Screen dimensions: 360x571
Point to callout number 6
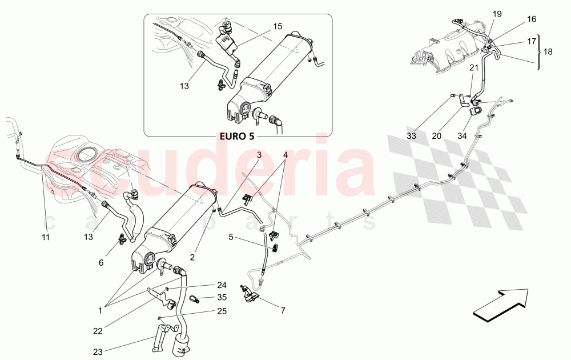[x=101, y=262]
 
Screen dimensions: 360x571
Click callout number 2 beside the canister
[x=192, y=258]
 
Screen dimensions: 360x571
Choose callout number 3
[x=259, y=155]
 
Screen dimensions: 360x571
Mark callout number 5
[x=231, y=236]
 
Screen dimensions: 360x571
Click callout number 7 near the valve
[x=282, y=311]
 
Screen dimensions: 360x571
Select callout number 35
[x=222, y=297]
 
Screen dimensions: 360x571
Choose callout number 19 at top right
[x=497, y=13]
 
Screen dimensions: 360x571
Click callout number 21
[x=473, y=68]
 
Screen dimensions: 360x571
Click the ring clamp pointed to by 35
[x=195, y=298]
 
